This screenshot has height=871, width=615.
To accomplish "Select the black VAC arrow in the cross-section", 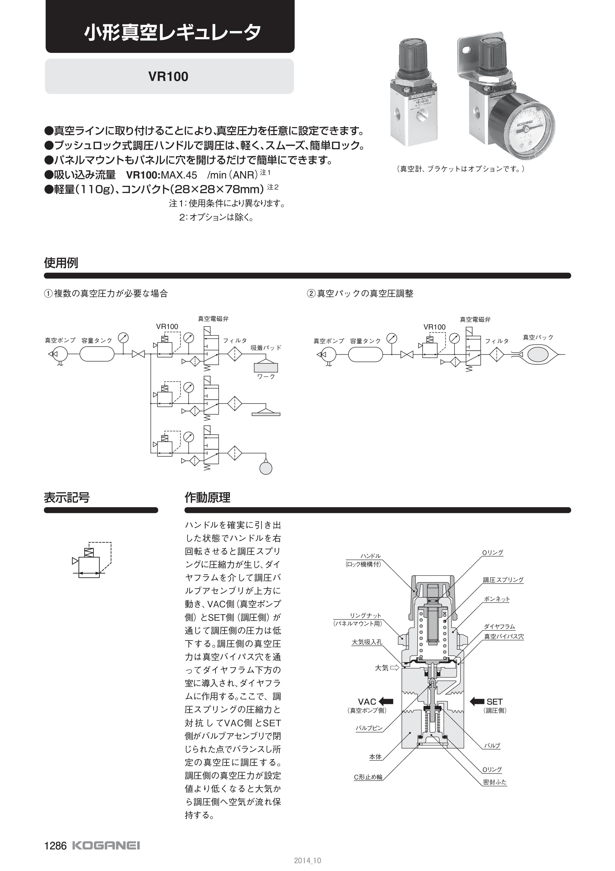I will [x=386, y=701].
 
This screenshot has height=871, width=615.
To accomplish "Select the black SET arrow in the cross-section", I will [x=477, y=701].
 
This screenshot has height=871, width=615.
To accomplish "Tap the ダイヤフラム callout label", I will [x=499, y=627].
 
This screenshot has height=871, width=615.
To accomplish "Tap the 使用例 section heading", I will [x=61, y=262].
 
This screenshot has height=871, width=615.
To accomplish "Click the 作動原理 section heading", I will [x=207, y=497].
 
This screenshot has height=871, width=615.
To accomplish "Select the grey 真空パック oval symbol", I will [x=538, y=354].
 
